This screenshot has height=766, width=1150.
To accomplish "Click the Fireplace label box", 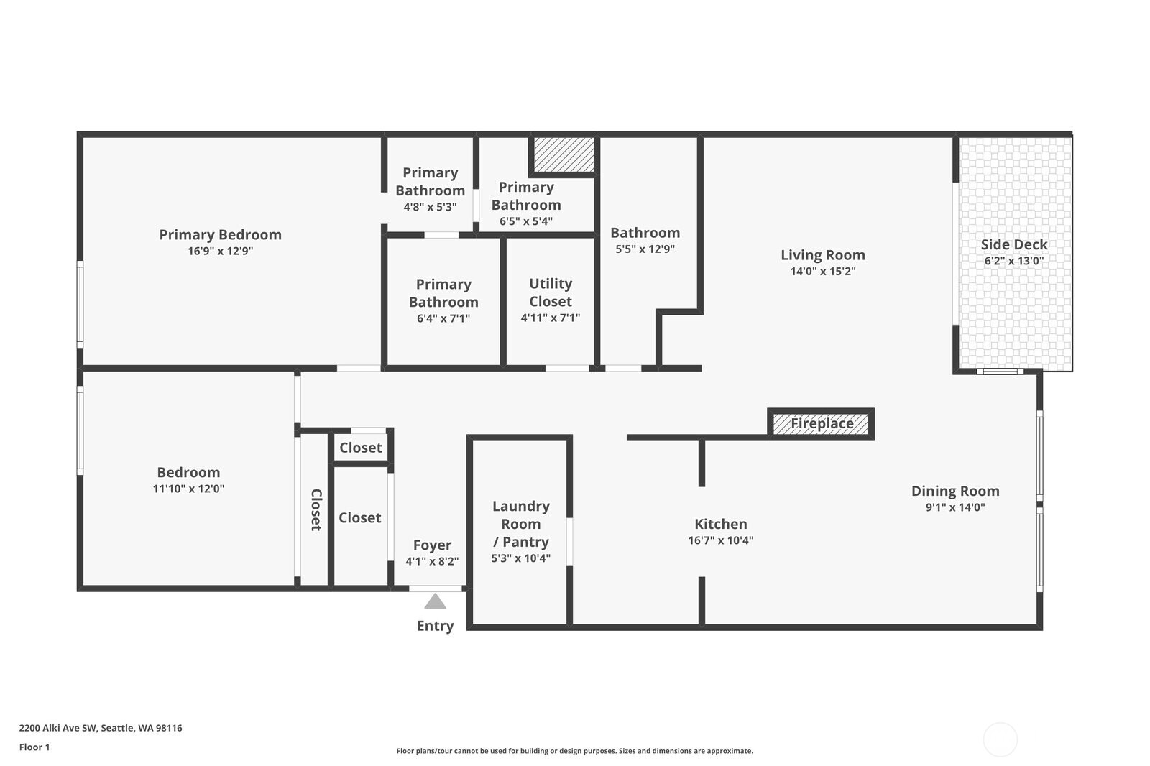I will coord(822,424).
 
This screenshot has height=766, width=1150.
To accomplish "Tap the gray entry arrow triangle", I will coord(435,601).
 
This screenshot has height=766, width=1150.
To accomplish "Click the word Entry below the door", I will coord(435,626).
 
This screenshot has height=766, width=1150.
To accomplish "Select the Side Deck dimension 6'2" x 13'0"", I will coord(1013,261).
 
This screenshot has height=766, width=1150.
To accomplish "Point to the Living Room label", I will coord(822,255).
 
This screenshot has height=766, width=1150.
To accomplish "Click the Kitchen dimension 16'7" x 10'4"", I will coord(720,540).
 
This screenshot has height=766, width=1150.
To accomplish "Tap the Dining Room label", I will coord(954,491).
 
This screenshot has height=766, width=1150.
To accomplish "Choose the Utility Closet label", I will coord(550,292).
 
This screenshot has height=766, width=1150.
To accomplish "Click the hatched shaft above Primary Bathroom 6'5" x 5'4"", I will coord(563,154).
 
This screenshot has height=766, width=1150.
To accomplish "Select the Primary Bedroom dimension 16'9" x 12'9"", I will coord(220,251).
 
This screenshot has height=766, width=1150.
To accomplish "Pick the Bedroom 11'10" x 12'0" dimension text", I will coord(188,489).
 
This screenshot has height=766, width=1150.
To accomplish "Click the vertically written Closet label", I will coord(316,509).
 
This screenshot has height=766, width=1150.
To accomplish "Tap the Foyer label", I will coord(432,545).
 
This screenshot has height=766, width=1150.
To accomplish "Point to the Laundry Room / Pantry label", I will coord(520,524).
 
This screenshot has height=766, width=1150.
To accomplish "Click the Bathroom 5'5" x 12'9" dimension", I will coord(645,249).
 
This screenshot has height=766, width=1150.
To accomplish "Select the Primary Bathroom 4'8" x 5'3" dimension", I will coord(430,207).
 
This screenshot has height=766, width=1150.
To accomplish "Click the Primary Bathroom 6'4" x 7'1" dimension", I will coord(443,318).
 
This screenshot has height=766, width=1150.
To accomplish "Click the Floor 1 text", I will coord(34,747).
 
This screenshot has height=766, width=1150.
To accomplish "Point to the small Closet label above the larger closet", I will coord(360,448).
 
